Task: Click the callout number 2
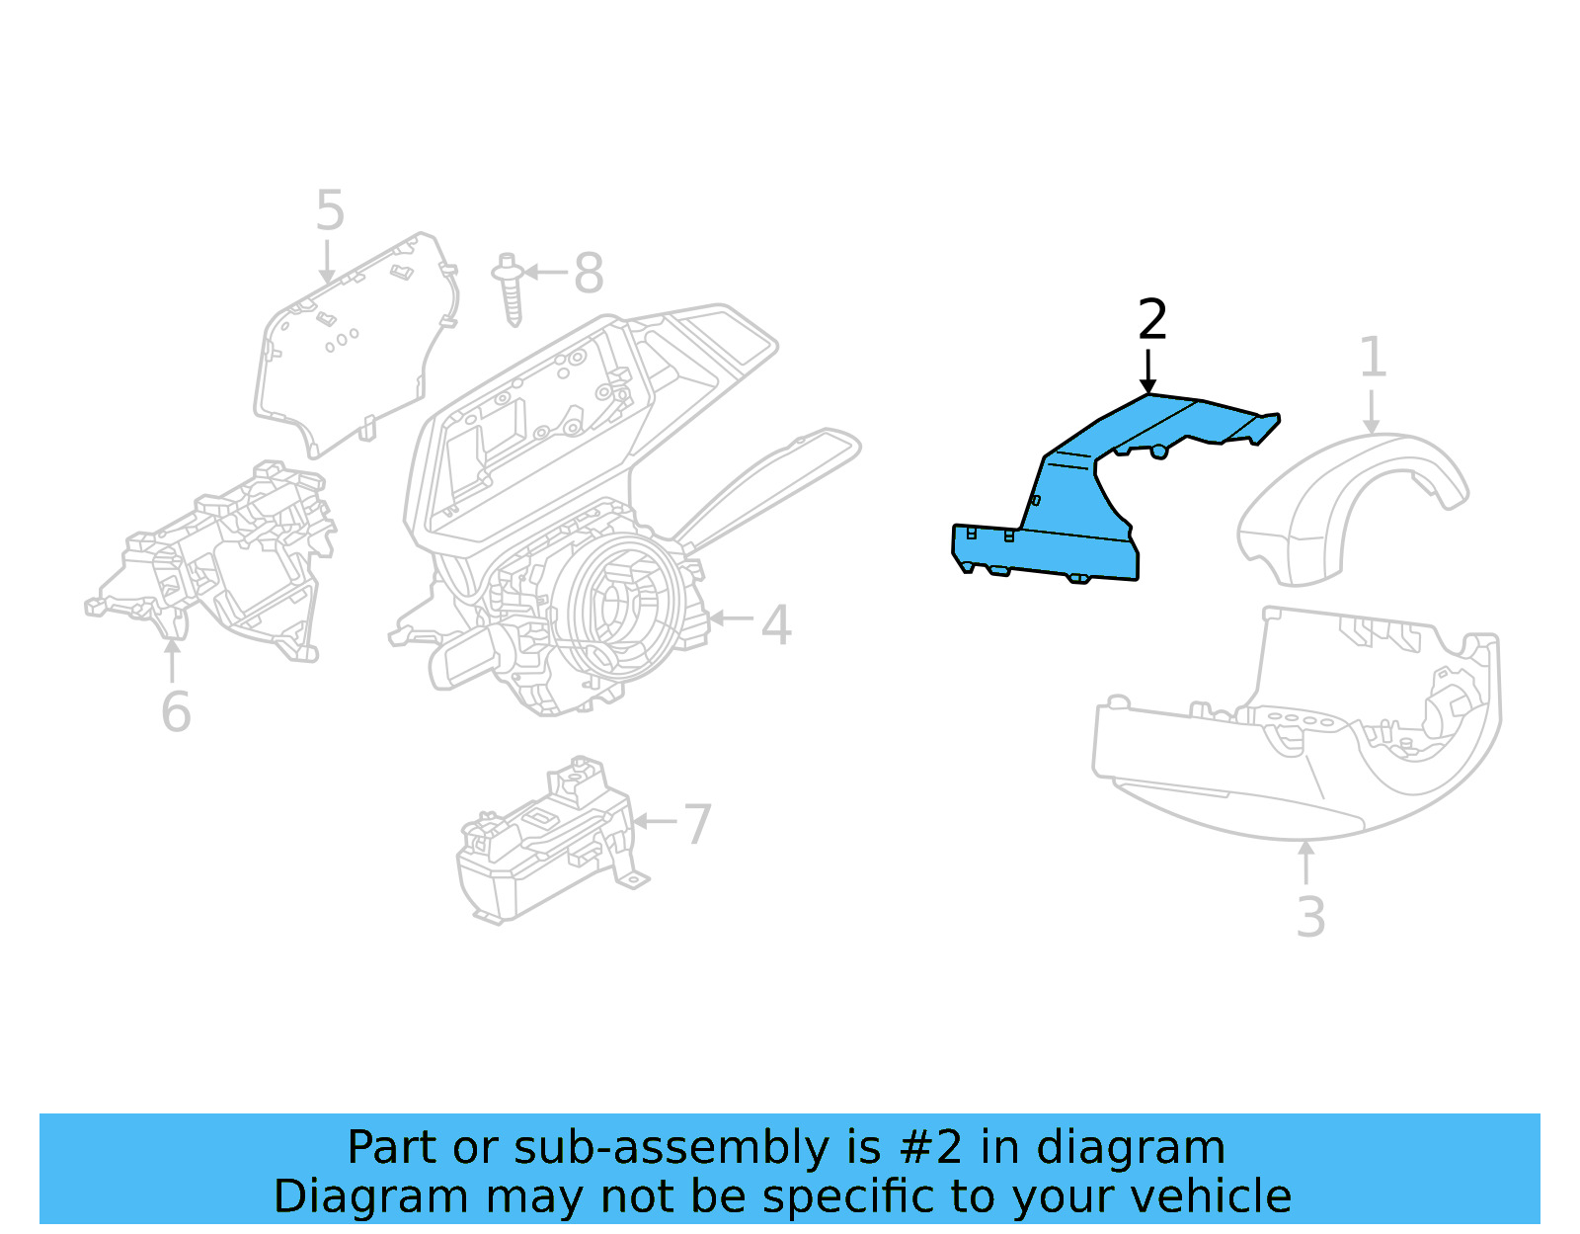point(1152,320)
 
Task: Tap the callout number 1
point(1373,357)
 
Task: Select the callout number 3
point(1310,918)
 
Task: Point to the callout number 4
point(776,625)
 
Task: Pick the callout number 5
point(330,211)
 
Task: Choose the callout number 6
point(176,712)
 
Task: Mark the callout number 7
point(697,824)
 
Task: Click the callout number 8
point(589,274)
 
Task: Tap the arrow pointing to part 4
point(731,619)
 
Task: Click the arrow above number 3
point(1306,862)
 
